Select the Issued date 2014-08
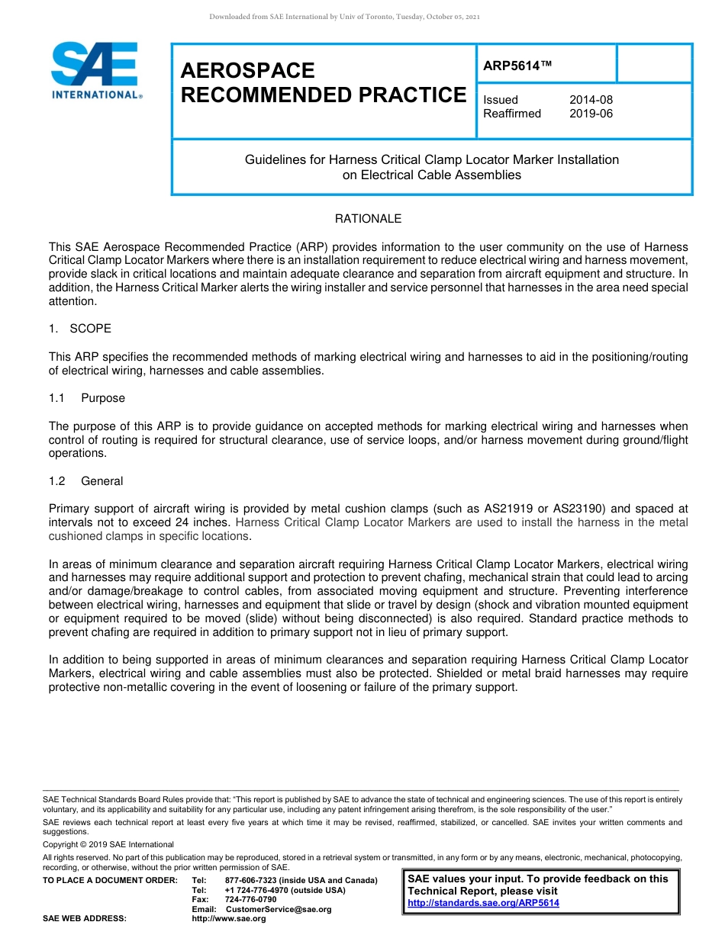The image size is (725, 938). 591,100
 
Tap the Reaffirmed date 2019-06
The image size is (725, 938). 591,114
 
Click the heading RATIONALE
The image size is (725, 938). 368,219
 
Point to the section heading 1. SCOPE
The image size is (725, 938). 80,329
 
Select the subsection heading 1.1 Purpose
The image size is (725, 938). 87,398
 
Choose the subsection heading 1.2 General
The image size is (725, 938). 85,481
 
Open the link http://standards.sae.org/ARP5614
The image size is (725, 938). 483,903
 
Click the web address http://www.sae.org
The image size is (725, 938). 228,918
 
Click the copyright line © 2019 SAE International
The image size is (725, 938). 108,844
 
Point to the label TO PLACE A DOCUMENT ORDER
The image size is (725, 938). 110,881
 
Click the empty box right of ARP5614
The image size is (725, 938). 653,63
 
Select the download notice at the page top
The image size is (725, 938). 344,16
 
